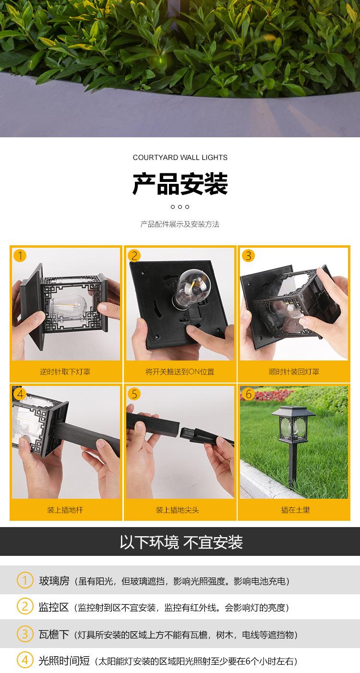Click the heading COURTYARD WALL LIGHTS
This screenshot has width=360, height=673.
coord(180,157)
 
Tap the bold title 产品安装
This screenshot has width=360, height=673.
coord(180,184)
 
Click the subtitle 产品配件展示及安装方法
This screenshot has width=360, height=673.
coord(180,224)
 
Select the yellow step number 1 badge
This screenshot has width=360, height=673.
coord(20,256)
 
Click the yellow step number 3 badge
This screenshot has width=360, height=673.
coord(249,256)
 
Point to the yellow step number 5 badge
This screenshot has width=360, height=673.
coord(134,394)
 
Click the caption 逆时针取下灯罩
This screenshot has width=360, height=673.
coord(65,372)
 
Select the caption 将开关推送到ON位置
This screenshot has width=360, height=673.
coord(180,372)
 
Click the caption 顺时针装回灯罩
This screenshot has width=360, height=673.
coord(294,372)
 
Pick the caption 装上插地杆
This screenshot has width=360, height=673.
coord(65,510)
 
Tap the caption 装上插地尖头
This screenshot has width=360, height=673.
coord(177,510)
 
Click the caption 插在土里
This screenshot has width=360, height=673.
coord(295,510)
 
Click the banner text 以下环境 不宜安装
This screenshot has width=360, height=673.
coord(181,542)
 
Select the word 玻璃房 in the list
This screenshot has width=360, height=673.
coord(54,581)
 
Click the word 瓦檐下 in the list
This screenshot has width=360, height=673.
coord(54,635)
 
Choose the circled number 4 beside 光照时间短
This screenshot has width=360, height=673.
coord(24,661)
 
